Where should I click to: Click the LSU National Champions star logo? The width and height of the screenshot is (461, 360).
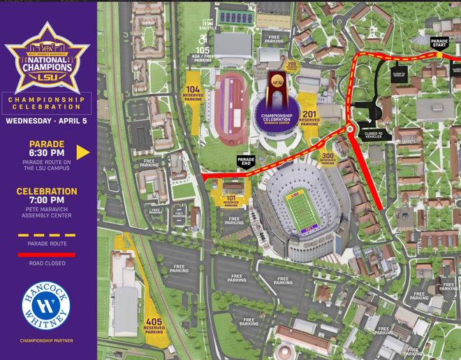47,60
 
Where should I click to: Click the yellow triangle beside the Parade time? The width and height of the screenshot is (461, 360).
83,152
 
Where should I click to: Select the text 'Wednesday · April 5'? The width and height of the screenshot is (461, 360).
47,120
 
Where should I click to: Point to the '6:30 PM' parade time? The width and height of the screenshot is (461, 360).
47,153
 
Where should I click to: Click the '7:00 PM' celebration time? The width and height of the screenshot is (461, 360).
47,200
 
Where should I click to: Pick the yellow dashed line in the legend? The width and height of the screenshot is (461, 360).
47,236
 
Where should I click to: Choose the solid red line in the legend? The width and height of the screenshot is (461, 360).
47,254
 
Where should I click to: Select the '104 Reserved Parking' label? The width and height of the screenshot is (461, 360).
193,93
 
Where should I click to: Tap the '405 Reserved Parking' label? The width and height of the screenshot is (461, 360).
154,325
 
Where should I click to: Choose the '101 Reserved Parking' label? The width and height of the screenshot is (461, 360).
232,200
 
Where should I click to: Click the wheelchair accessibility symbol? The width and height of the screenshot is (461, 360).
203,39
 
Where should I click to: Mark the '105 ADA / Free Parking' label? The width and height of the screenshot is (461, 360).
203,54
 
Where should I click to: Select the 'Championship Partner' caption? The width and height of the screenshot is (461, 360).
47,341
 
